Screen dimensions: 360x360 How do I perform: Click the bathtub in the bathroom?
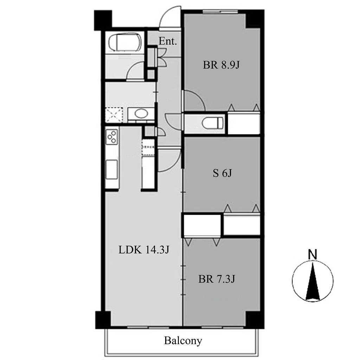[x=125, y=42]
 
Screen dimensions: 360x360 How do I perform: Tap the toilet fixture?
[x=213, y=123]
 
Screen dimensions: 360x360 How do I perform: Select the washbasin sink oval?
[x=141, y=114]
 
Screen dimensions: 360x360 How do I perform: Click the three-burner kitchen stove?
[x=112, y=137]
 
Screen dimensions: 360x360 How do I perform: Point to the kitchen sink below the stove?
[x=111, y=169]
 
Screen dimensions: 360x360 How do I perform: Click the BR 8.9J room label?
[x=221, y=65]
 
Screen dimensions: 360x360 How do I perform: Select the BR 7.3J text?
[x=217, y=279]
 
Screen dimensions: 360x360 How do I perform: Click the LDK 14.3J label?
[x=144, y=250]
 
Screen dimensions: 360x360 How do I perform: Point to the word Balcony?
[x=183, y=341]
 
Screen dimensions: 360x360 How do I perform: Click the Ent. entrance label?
[x=168, y=41]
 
